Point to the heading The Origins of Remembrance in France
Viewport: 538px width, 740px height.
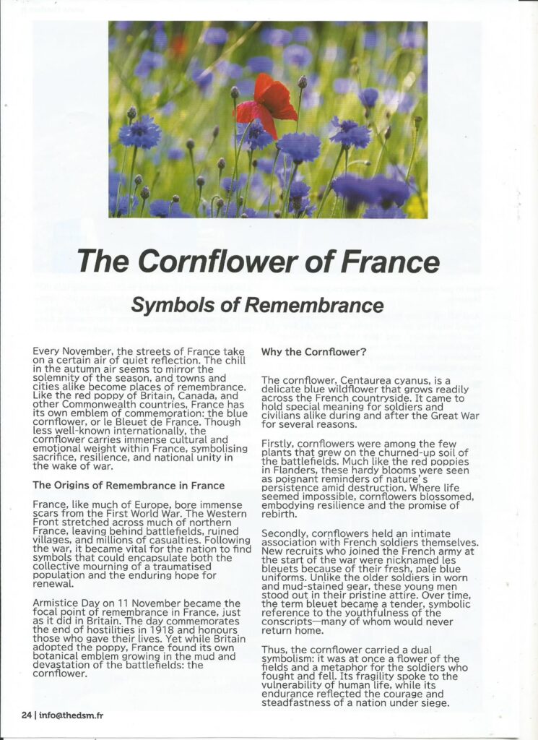click(129, 485)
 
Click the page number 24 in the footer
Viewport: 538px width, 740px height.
click(26, 715)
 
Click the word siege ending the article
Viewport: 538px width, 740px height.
click(432, 704)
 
